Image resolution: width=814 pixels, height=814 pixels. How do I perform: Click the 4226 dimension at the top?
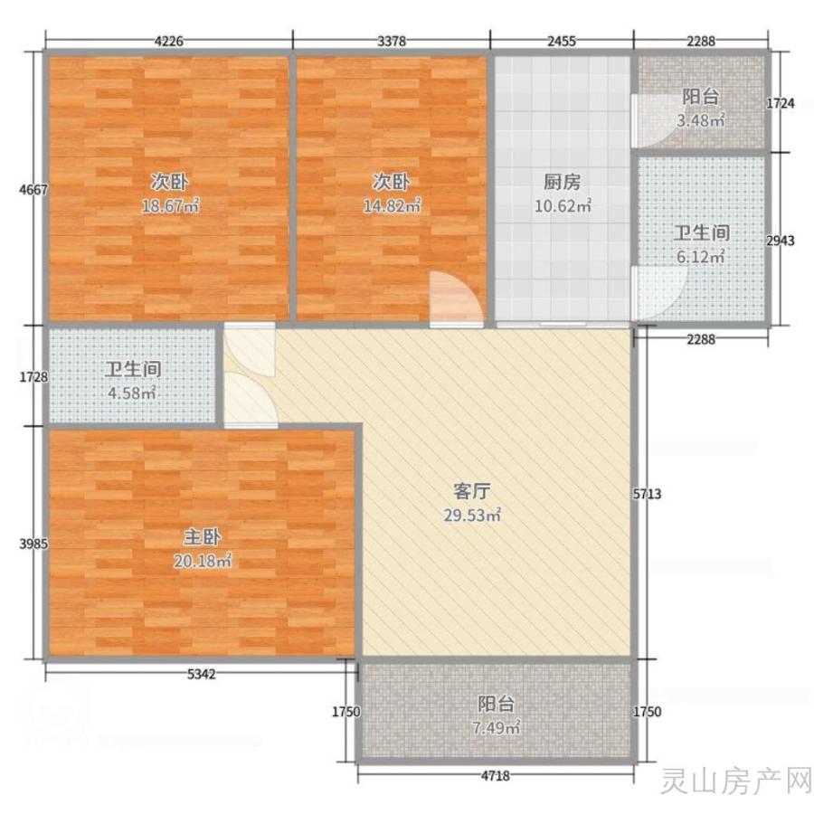point(169,41)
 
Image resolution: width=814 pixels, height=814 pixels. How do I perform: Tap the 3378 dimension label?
point(392,41)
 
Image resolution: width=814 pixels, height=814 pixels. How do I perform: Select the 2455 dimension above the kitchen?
point(562,41)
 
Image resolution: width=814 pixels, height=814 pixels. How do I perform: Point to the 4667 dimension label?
point(33,190)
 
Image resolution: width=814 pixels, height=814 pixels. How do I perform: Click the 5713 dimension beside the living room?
point(647,493)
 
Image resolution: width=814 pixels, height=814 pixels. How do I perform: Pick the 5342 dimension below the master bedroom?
point(202,674)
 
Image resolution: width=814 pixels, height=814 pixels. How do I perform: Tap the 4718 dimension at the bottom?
point(496,776)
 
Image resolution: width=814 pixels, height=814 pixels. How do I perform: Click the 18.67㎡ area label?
point(171,206)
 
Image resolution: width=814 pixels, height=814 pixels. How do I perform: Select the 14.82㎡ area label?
point(392,206)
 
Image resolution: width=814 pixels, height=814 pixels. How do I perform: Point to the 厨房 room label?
point(563,182)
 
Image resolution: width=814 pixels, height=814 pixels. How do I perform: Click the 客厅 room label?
point(472,490)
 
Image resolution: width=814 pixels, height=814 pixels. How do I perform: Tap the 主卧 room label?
point(202,536)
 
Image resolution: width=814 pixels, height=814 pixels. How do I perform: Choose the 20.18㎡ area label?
point(203,561)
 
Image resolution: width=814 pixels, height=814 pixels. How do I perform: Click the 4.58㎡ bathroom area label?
point(132,393)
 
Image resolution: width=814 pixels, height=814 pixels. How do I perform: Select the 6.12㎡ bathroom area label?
point(701,257)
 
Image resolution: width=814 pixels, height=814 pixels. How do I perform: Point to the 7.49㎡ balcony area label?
point(497,728)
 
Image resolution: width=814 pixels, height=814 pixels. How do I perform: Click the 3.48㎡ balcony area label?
point(701,120)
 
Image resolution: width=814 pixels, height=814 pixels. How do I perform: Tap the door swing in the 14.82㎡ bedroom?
point(457,298)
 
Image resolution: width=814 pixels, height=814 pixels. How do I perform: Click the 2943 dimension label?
point(781,241)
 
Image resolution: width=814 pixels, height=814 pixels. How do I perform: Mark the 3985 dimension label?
point(33,544)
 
